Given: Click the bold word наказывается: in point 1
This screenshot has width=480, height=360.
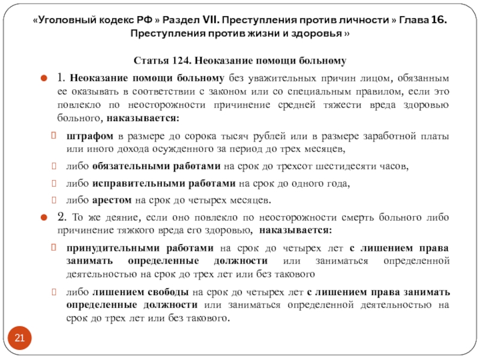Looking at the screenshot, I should (151, 118).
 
